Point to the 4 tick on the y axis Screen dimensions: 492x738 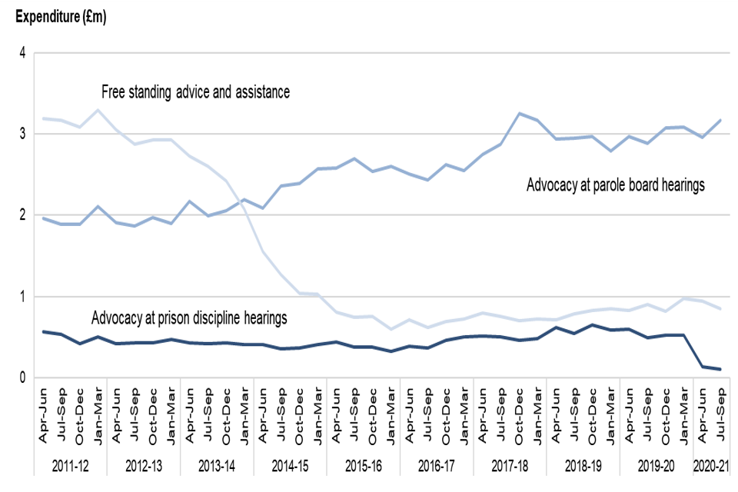pos(23,53)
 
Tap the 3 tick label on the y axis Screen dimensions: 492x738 pos(23,135)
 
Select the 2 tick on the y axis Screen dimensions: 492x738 pos(23,215)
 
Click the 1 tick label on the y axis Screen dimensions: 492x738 pos(23,297)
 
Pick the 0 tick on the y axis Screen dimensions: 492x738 pos(23,377)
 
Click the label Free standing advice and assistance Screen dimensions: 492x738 pos(195,93)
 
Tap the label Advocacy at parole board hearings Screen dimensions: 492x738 pos(615,185)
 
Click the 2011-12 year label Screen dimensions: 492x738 pos(70,466)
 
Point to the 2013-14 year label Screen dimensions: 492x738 pos(217,466)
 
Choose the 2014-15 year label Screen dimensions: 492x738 pos(291,466)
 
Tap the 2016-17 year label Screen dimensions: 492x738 pos(437,466)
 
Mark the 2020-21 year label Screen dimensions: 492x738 pos(713,466)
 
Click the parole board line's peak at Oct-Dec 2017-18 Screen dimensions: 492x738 pos(520,114)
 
